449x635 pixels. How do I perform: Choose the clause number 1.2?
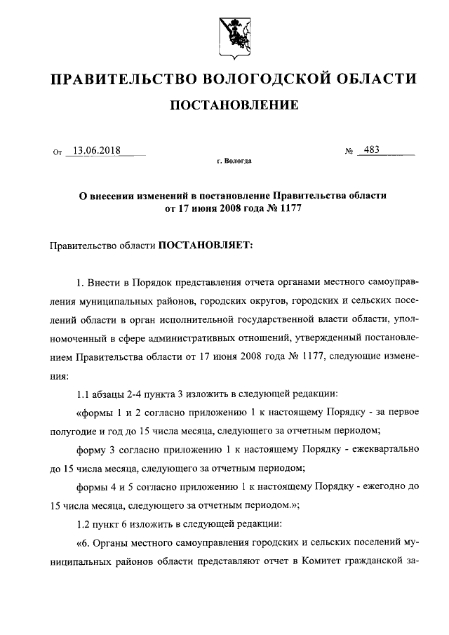83,524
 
